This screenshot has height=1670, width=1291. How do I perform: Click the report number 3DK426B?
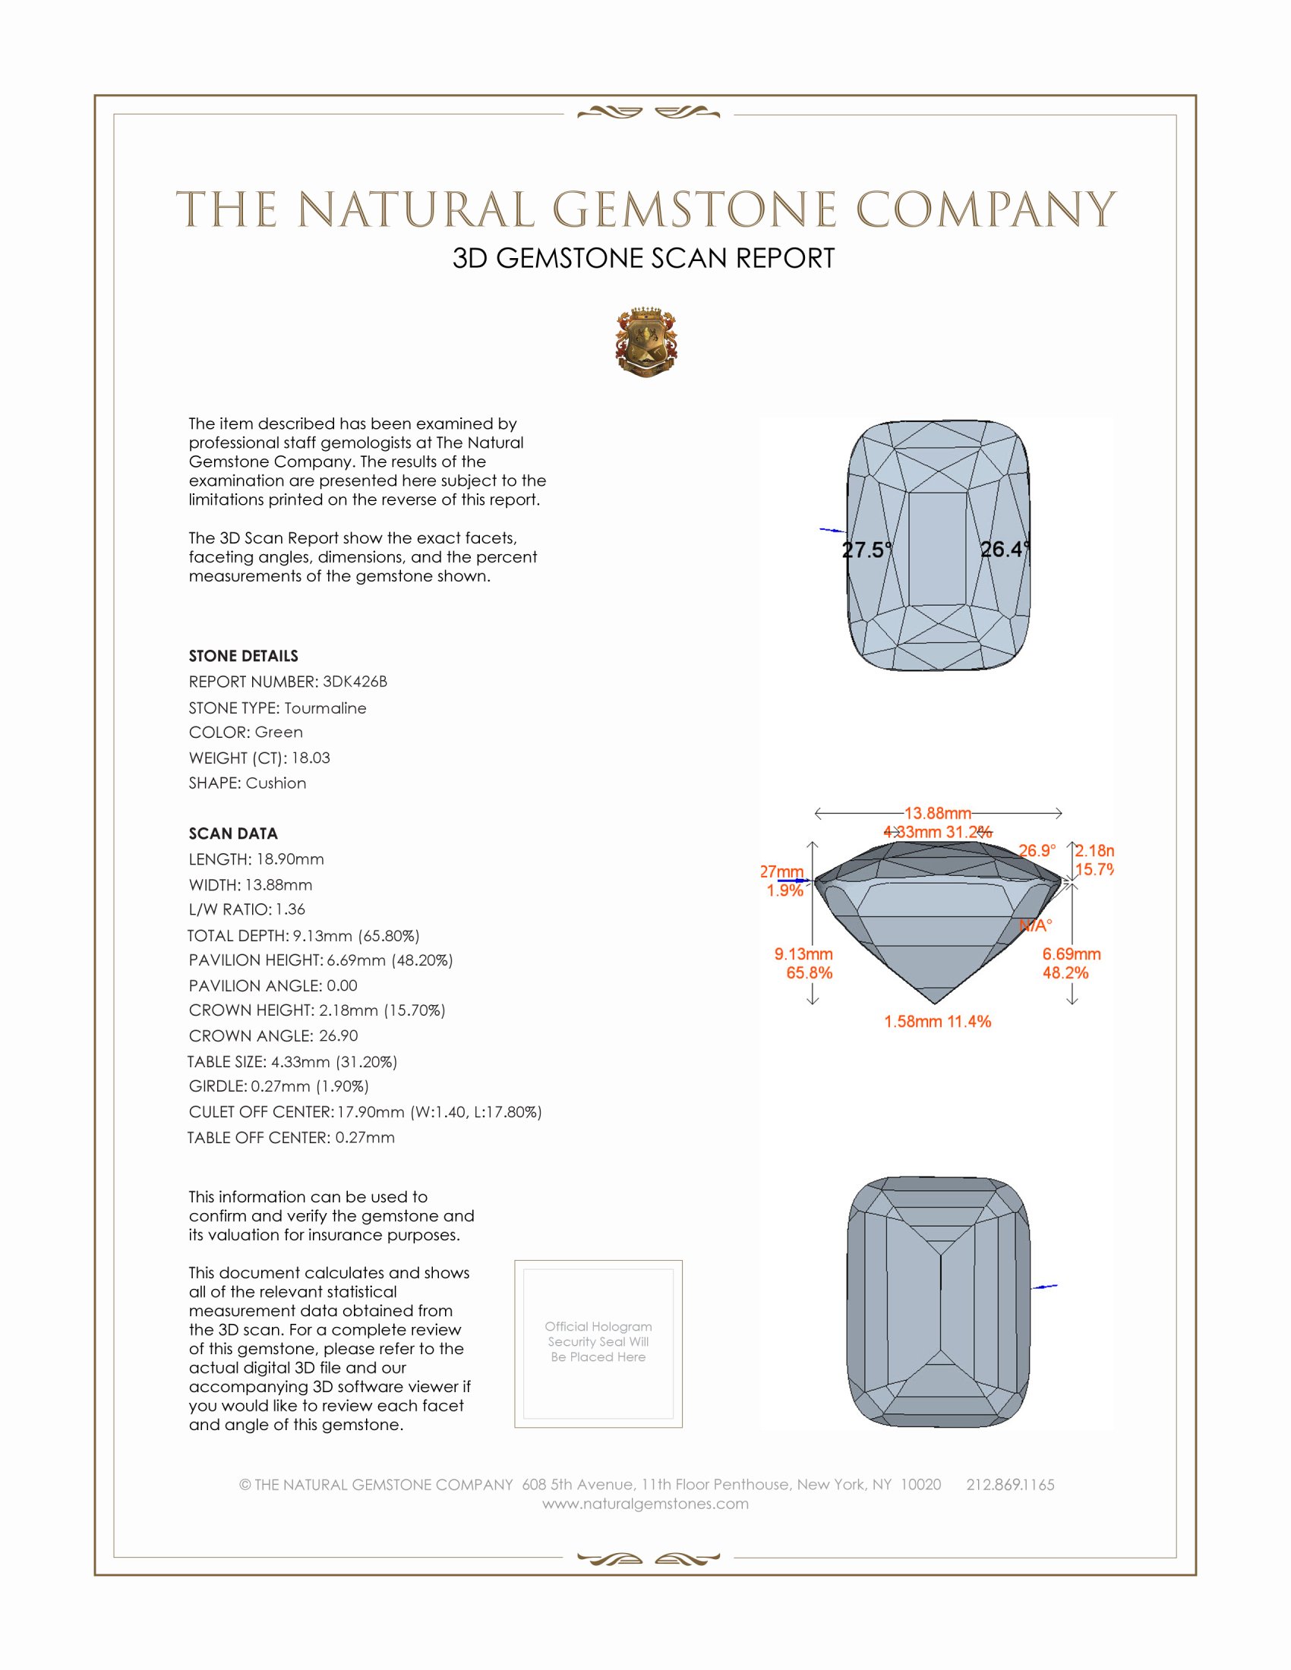[x=355, y=682]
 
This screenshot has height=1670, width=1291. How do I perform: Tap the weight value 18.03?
[x=311, y=758]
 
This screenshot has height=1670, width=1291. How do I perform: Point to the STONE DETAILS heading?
[x=243, y=656]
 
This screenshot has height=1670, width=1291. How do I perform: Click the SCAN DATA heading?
[x=233, y=833]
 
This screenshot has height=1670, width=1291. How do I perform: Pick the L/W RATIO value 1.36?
[x=290, y=909]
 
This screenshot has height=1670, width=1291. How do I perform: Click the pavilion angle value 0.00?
[x=342, y=985]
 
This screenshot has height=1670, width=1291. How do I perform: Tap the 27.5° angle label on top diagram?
[x=866, y=550]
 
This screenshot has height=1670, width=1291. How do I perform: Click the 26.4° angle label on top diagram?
[x=1005, y=549]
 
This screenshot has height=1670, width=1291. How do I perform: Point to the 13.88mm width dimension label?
[x=938, y=813]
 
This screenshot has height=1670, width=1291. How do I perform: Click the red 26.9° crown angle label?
[x=1037, y=850]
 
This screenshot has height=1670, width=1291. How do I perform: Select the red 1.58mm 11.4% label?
[x=938, y=1022]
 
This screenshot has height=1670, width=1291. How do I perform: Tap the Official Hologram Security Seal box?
[x=598, y=1344]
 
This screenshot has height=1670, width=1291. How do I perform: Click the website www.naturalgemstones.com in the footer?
[x=645, y=1504]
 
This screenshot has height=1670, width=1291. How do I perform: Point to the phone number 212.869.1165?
[x=1010, y=1485]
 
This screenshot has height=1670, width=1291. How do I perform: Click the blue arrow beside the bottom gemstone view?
[x=1045, y=1287]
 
